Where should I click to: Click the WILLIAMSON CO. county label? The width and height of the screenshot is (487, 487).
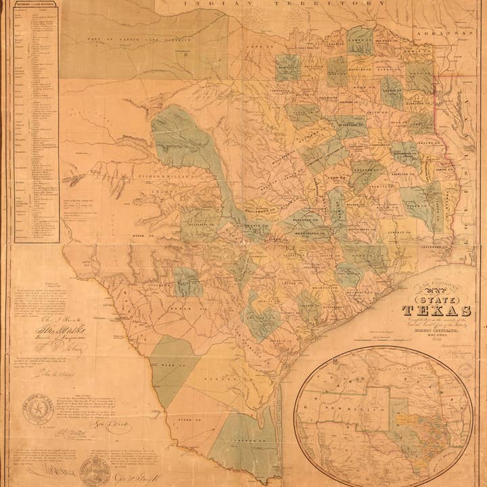pos(262,210)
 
